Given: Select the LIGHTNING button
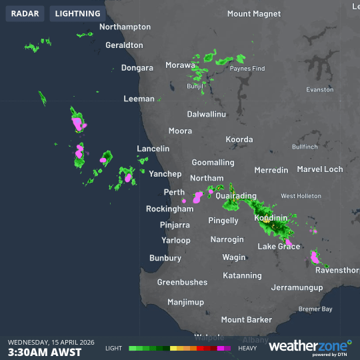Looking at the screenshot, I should [x=78, y=13].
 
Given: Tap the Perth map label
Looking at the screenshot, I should [x=174, y=193].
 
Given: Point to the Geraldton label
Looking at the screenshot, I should [x=124, y=45].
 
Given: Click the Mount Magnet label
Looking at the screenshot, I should [x=254, y=13].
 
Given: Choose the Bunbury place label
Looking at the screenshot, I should [x=165, y=257].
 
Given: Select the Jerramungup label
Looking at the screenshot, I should [x=297, y=288].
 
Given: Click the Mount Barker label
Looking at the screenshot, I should [x=247, y=320].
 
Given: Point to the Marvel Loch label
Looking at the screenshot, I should [x=320, y=169].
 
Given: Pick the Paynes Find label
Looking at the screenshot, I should [x=247, y=69].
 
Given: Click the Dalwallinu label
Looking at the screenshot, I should [x=206, y=114].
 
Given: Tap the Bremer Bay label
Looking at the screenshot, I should [x=315, y=309].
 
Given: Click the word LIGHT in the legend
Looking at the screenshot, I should [x=113, y=348].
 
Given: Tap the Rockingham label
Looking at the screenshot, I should [x=169, y=209].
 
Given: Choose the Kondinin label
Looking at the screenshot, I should [x=271, y=218].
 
